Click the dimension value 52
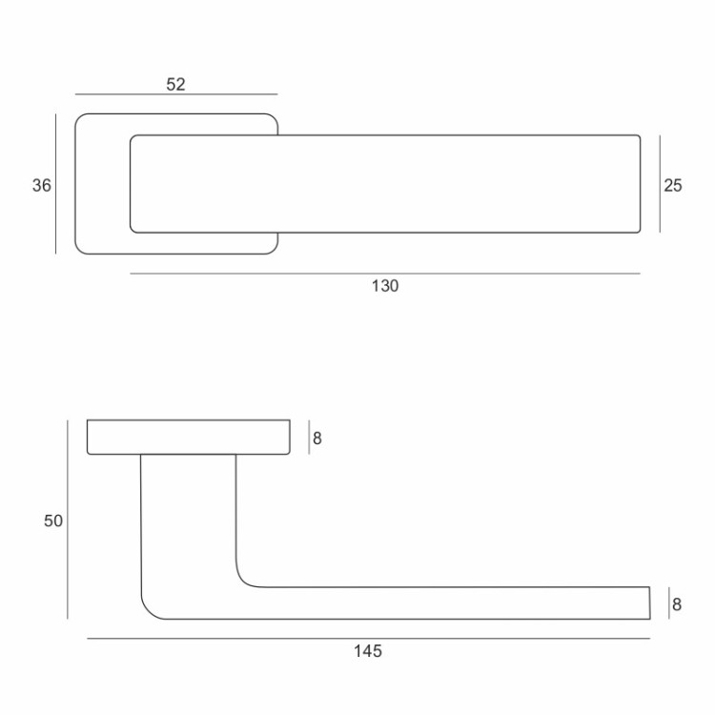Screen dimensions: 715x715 click(175, 84)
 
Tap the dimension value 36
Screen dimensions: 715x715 click(42, 185)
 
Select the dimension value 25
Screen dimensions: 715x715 click(673, 185)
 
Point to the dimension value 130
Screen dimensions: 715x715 click(385, 286)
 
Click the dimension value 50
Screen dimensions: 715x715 click(52, 521)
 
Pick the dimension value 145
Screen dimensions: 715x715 click(368, 651)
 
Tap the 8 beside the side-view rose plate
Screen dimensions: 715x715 click(317, 439)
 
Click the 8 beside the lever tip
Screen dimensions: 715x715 click(677, 604)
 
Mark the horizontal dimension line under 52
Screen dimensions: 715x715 click(176, 94)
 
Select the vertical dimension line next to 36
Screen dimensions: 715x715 click(55, 184)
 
